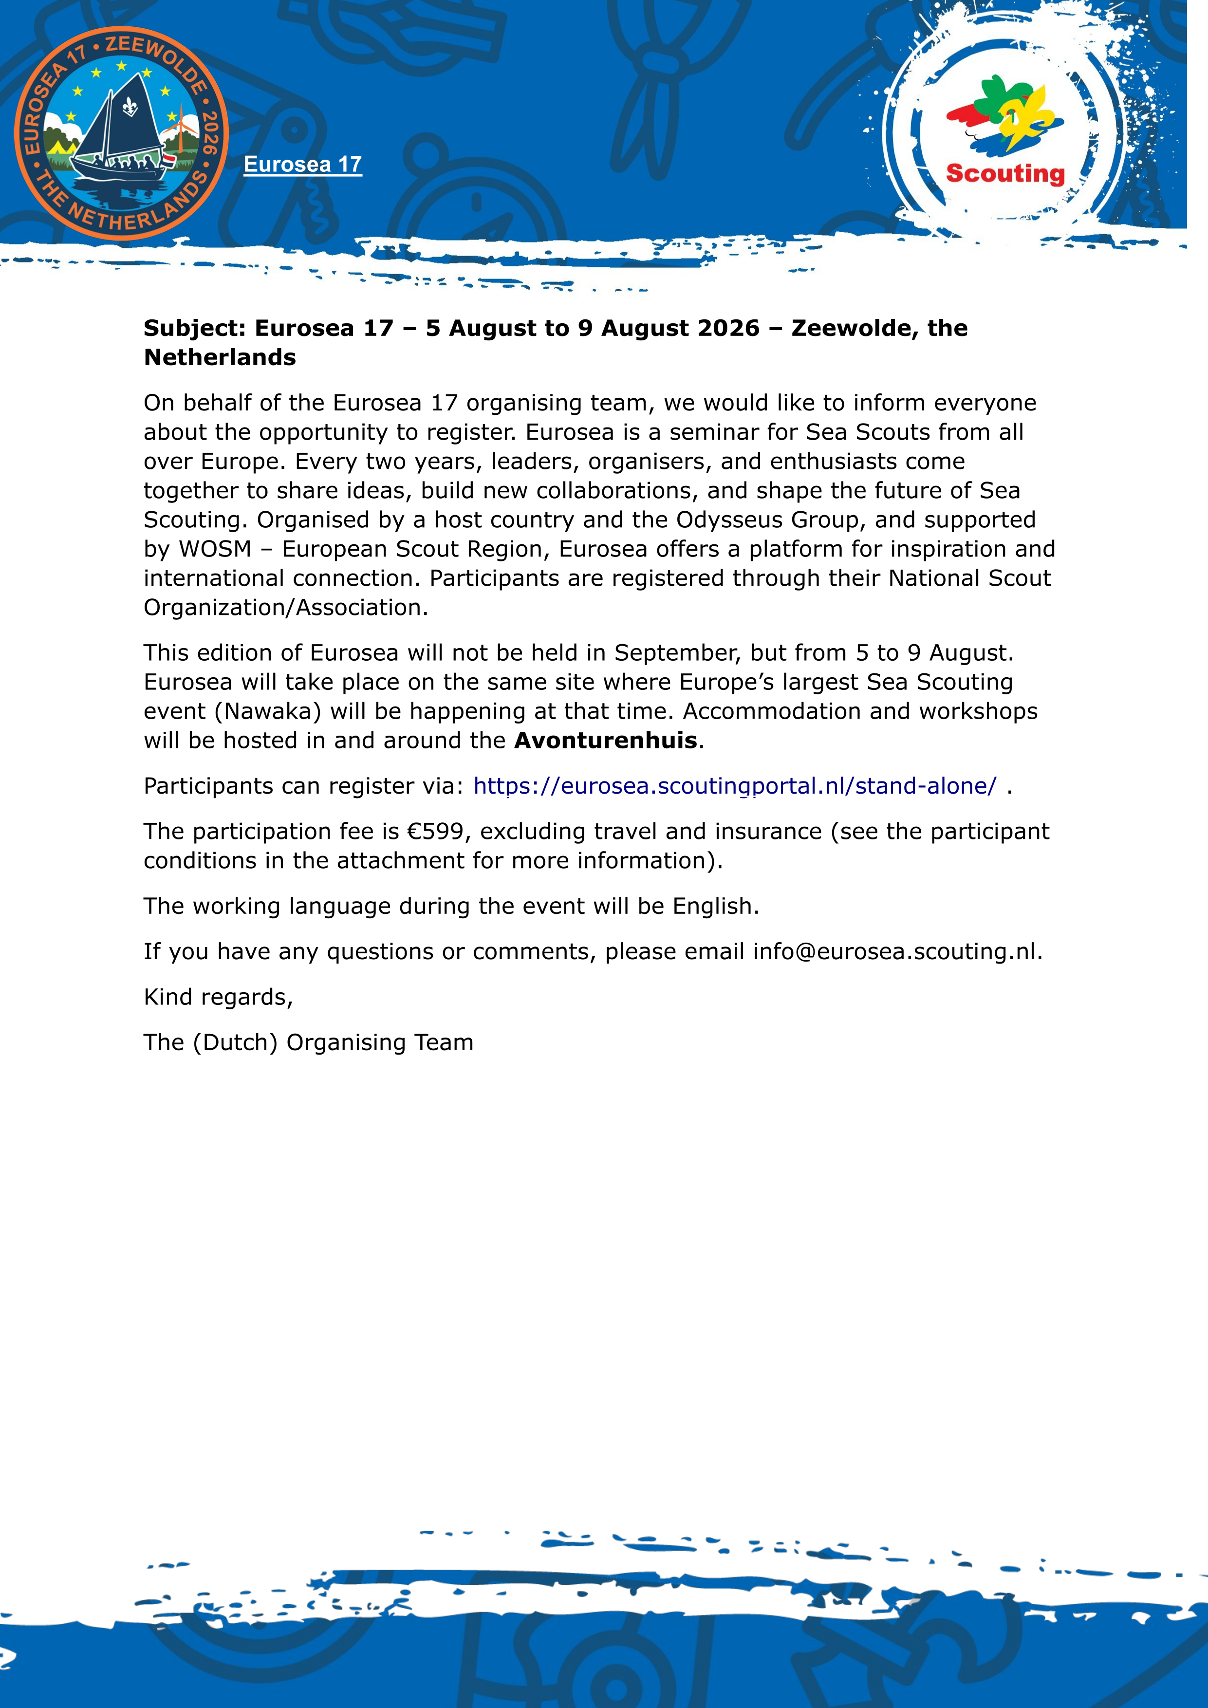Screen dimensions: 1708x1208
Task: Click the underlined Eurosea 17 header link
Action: tap(303, 165)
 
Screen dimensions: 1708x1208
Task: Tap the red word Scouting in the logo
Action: tap(1005, 173)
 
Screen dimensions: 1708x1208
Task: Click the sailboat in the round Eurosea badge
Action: tap(123, 130)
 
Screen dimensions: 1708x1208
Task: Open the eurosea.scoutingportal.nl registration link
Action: tap(734, 786)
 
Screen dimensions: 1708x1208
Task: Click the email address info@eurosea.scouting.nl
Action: tap(896, 952)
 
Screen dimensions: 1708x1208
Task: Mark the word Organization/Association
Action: tap(285, 608)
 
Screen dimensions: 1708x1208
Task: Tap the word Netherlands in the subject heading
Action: tap(220, 358)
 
